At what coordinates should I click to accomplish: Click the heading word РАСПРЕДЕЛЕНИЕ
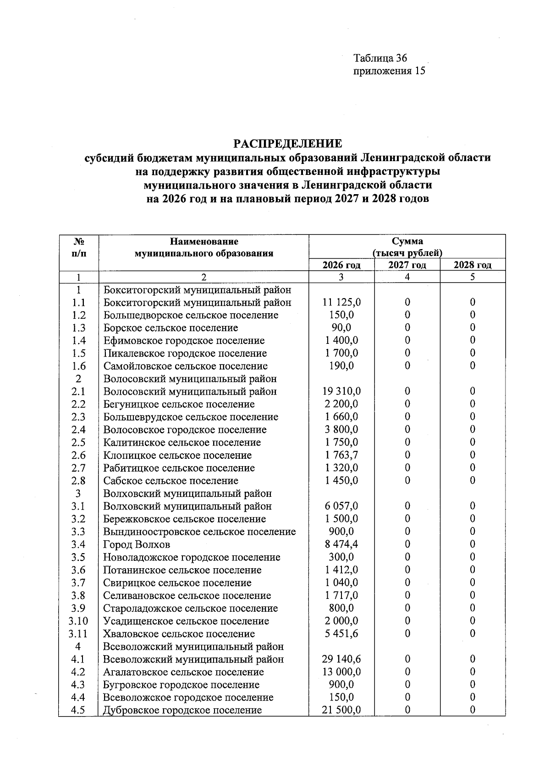(x=288, y=144)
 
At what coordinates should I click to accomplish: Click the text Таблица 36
(x=380, y=58)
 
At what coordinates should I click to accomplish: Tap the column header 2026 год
(x=341, y=265)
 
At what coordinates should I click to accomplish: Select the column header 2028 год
(x=473, y=265)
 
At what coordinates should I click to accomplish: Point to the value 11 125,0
(x=341, y=302)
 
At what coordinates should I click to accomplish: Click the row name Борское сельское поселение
(x=170, y=328)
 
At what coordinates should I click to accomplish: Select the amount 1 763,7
(x=341, y=455)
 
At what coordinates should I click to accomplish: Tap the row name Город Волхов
(x=137, y=544)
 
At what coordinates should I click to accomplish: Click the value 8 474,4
(x=341, y=544)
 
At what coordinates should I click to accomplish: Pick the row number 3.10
(x=78, y=621)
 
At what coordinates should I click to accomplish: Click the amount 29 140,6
(x=341, y=659)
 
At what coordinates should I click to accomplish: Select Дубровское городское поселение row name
(x=182, y=710)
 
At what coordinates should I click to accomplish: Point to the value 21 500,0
(x=341, y=710)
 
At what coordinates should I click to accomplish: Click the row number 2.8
(x=78, y=481)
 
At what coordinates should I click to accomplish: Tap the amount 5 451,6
(x=341, y=634)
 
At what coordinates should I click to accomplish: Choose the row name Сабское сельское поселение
(x=170, y=481)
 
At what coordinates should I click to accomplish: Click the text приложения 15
(x=389, y=71)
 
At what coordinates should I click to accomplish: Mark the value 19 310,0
(x=341, y=391)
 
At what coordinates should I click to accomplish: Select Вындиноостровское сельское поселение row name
(x=199, y=532)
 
